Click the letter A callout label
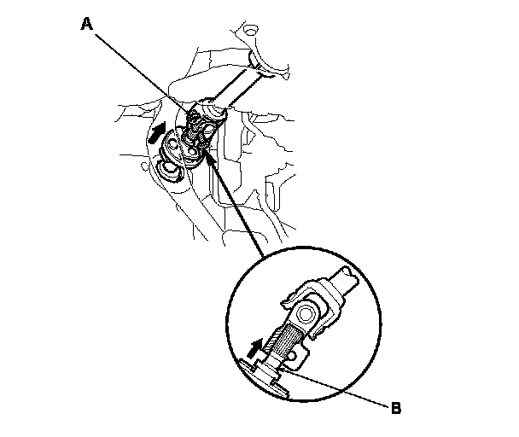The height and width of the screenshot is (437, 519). (x=86, y=25)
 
